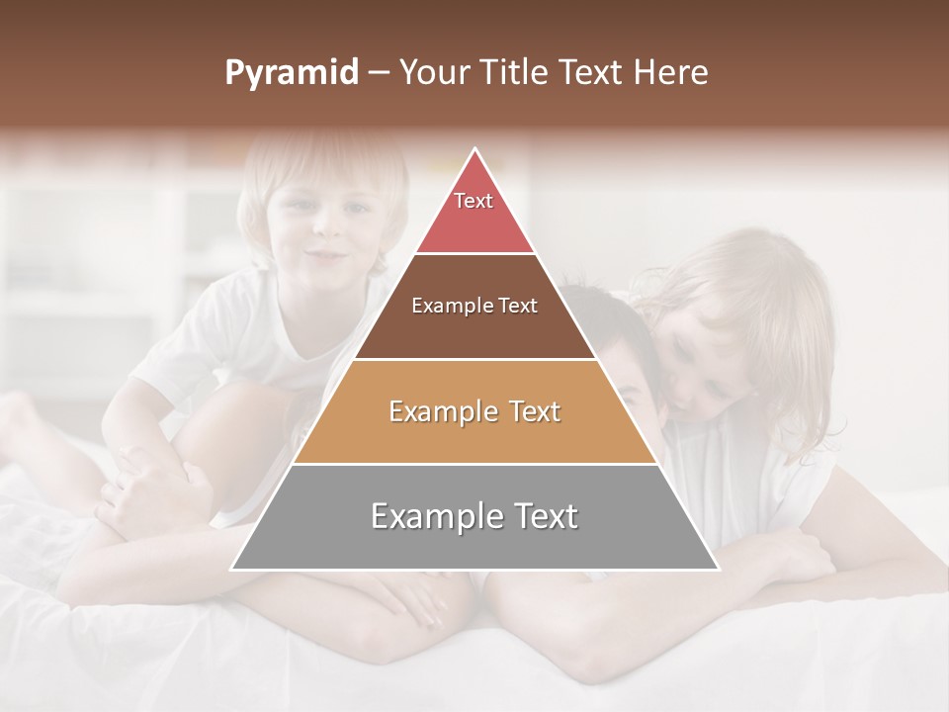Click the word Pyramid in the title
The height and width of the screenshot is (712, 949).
pyautogui.click(x=291, y=73)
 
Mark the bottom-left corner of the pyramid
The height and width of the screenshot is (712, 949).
pyautogui.click(x=232, y=569)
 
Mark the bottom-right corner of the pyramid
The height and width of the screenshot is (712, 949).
pyautogui.click(x=719, y=569)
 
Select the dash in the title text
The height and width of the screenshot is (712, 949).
pyautogui.click(x=379, y=73)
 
